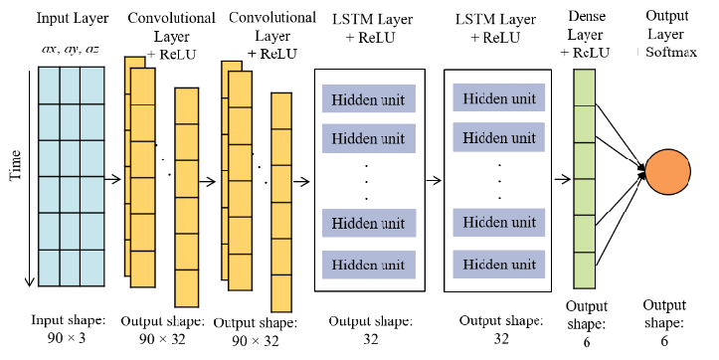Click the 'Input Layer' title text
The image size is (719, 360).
click(x=73, y=18)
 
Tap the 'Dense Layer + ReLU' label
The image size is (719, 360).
click(x=592, y=35)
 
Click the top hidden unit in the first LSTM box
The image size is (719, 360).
click(x=368, y=100)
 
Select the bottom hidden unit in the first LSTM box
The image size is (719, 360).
click(x=368, y=265)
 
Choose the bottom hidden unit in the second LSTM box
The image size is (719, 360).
click(x=498, y=265)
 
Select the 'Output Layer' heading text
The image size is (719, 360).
click(x=666, y=26)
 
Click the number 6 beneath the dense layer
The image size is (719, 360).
click(x=586, y=341)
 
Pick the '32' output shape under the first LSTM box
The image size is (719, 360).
click(x=367, y=338)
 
